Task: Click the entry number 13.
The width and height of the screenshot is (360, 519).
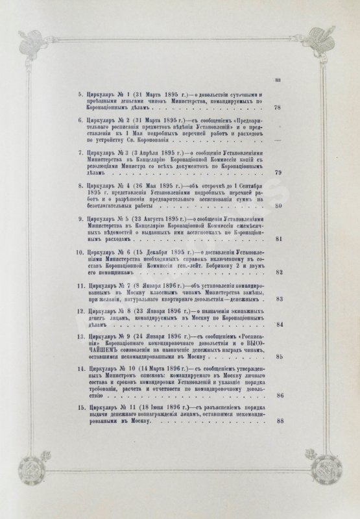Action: pyautogui.click(x=78, y=337)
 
